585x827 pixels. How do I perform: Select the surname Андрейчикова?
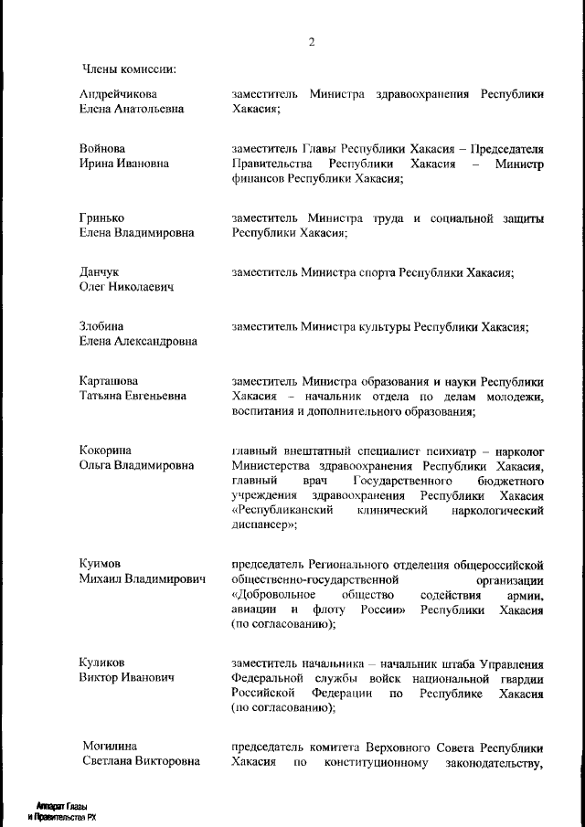coord(118,94)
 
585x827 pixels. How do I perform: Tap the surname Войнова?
coord(102,148)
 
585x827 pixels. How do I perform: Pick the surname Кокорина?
coord(106,450)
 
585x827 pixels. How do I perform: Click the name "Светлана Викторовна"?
coord(141,762)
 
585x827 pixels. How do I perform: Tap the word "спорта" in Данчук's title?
coord(367,272)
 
